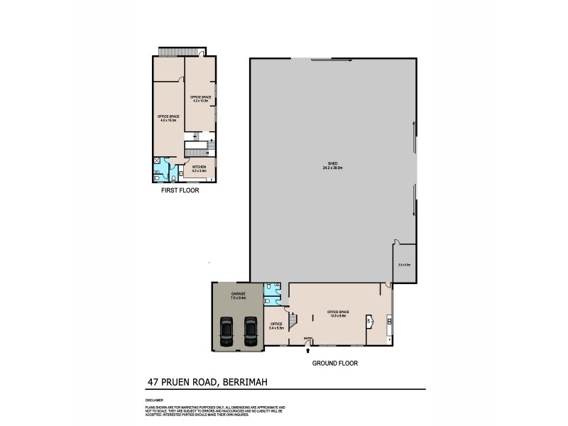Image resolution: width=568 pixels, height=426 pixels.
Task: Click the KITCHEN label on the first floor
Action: tap(199, 168)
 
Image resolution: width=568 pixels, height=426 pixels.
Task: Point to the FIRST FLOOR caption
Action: tap(179, 191)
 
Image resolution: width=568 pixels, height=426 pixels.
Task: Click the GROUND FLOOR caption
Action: tap(335, 363)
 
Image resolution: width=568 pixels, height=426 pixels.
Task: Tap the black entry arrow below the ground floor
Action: tap(307, 349)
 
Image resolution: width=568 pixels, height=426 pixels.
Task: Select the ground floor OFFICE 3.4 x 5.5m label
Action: tap(277, 326)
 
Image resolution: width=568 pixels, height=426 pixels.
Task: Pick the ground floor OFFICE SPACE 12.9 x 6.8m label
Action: tap(337, 314)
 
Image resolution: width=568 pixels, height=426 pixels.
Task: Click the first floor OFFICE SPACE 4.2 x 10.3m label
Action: tap(201, 99)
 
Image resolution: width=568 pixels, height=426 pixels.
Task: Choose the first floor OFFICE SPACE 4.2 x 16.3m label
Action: tap(168, 118)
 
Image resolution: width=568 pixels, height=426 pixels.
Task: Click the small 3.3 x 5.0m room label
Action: tap(404, 264)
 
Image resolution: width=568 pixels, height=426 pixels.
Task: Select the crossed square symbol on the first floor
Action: tap(157, 161)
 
